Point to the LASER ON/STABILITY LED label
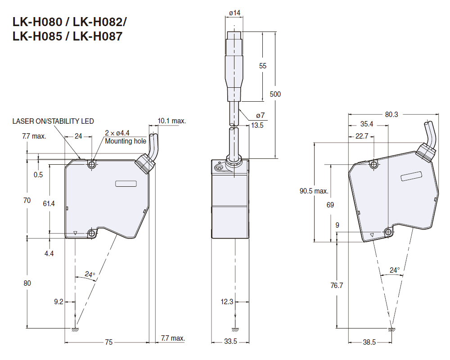(53, 121)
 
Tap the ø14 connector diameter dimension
(234, 13)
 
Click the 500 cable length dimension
(275, 94)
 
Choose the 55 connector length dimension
(263, 66)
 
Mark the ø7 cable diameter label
(261, 116)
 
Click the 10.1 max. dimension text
(171, 121)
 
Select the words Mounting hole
(126, 141)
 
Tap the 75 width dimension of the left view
(108, 342)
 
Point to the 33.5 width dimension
(230, 342)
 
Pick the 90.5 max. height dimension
(314, 191)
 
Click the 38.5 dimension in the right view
(369, 342)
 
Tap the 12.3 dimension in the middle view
(227, 301)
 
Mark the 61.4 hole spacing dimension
(49, 204)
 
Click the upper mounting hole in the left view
(92, 165)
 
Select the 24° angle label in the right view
(395, 270)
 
